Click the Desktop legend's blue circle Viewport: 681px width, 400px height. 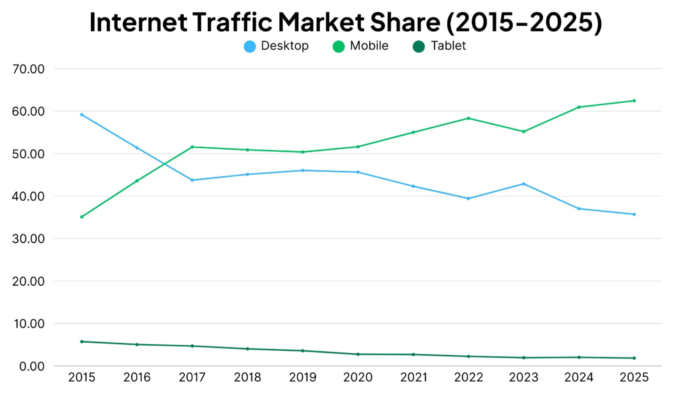point(250,47)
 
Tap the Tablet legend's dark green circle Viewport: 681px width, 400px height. point(419,47)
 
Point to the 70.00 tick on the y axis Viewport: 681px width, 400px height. point(28,69)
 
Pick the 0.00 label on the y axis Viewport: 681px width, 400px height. point(32,366)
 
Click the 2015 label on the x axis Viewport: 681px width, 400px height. point(82,377)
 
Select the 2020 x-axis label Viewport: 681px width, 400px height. point(358,377)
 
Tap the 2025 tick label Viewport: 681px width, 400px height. point(634,377)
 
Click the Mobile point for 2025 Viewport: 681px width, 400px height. point(634,101)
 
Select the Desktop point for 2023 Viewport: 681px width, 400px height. point(524,184)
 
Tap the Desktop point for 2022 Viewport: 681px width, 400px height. point(469,198)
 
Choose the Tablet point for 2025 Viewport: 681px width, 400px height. point(634,358)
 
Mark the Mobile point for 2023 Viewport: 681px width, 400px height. point(524,132)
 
